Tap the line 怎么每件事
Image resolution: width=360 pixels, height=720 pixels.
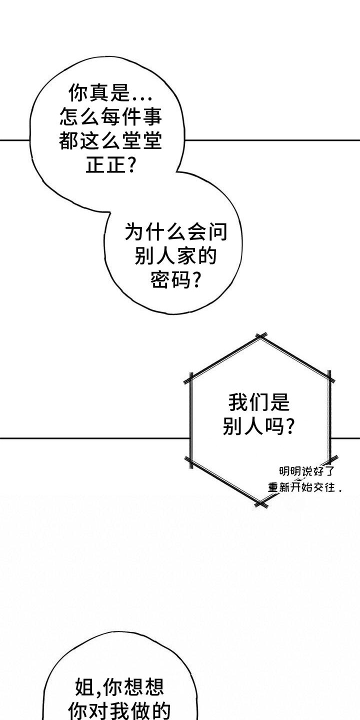pyautogui.click(x=110, y=117)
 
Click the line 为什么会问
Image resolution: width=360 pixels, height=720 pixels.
pyautogui.click(x=176, y=232)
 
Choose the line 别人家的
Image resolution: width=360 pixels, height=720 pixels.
pyautogui.click(x=176, y=256)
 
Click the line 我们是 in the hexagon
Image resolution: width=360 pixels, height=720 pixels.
pyautogui.click(x=259, y=402)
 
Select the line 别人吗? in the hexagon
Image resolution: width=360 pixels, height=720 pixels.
pyautogui.click(x=259, y=426)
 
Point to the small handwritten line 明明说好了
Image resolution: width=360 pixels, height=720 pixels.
pyautogui.click(x=306, y=471)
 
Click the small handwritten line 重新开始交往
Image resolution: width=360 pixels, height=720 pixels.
pyautogui.click(x=305, y=487)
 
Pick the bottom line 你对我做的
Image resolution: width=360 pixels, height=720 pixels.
pyautogui.click(x=119, y=711)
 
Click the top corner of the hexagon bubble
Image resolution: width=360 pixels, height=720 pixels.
pyautogui.click(x=260, y=336)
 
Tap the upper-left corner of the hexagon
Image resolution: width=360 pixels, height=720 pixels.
pyautogui.click(x=190, y=378)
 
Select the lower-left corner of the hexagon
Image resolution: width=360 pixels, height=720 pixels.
pyautogui.click(x=190, y=461)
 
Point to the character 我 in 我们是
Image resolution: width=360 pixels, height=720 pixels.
pyautogui.click(x=238, y=402)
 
